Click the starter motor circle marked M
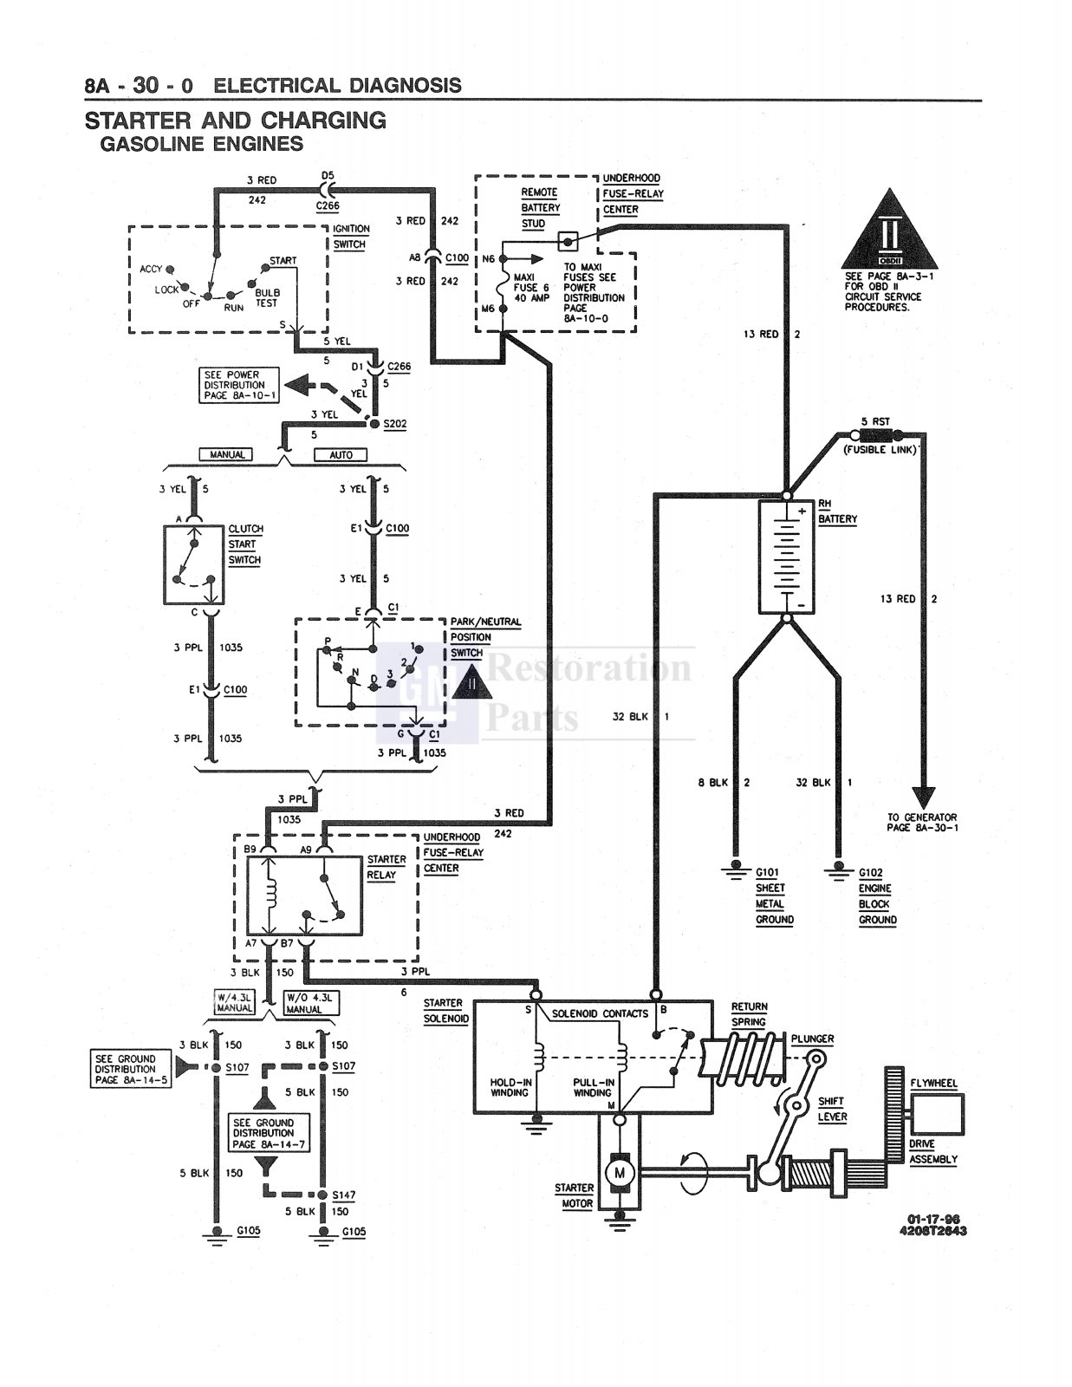point(619,1173)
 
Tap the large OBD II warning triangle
point(889,229)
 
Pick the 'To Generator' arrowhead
point(923,798)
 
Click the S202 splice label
point(395,425)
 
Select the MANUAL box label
point(226,454)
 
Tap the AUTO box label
point(341,454)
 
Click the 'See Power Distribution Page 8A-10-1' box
point(238,385)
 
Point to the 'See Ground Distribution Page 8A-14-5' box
point(131,1069)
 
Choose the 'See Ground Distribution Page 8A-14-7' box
point(269,1133)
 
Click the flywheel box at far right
point(938,1114)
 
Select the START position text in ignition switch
point(283,260)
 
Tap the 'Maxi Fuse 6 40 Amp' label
point(531,288)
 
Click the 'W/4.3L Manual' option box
point(234,1003)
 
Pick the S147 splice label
point(344,1195)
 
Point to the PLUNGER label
point(812,1039)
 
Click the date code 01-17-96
point(932,1219)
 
